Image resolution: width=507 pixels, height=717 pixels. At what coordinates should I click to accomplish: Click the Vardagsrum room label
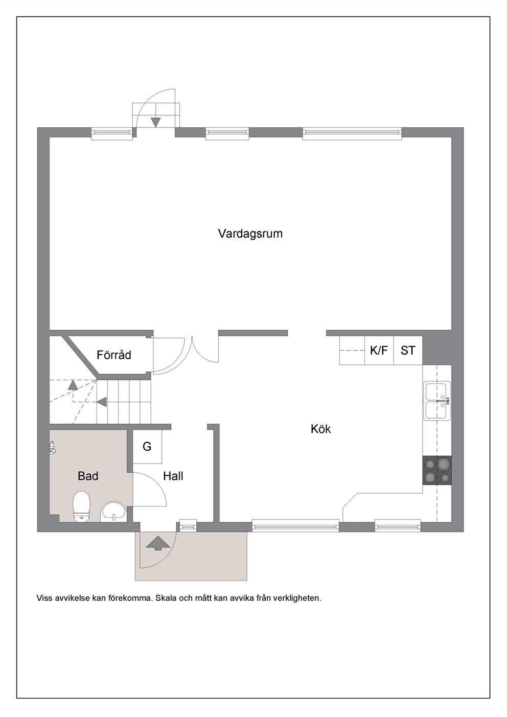(x=250, y=234)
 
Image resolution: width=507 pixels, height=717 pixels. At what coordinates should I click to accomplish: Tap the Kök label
(x=321, y=429)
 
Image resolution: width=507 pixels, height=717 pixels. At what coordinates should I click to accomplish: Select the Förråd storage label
(x=114, y=355)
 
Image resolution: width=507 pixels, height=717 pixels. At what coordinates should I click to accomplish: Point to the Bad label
(x=88, y=476)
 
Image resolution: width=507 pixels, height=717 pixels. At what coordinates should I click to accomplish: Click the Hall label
(x=173, y=476)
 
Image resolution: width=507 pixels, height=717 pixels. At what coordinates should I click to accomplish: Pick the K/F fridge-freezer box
(x=379, y=350)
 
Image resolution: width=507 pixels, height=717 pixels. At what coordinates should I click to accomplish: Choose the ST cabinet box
(x=408, y=350)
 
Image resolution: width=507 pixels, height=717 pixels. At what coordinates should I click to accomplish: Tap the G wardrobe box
(x=147, y=447)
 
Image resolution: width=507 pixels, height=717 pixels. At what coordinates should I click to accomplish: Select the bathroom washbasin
(x=114, y=511)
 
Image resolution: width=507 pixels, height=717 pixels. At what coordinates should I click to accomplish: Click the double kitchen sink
(x=437, y=401)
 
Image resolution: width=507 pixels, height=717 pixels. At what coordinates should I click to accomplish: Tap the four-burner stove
(x=437, y=470)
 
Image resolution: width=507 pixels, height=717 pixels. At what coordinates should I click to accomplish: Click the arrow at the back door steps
(x=155, y=123)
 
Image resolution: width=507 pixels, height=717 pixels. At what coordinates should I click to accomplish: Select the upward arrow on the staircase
(x=73, y=385)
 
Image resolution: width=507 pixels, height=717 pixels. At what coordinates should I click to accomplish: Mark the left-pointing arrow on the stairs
(x=102, y=402)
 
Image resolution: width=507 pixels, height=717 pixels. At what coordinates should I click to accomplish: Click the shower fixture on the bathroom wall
(x=53, y=447)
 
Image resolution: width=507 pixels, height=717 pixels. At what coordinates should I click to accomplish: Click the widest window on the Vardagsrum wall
(x=352, y=134)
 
